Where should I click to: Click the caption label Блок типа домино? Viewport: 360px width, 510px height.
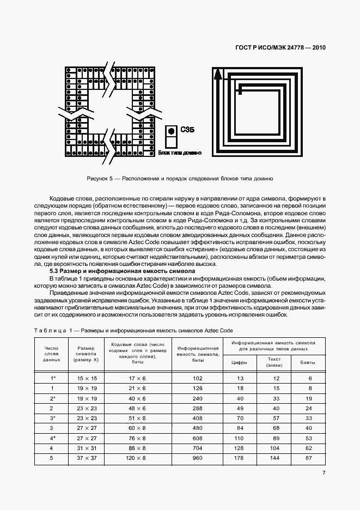pos(180,154)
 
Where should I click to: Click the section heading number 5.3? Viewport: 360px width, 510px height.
pos(54,271)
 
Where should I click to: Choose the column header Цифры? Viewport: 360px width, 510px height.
pos(240,362)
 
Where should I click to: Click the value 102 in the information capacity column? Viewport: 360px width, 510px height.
pos(197,378)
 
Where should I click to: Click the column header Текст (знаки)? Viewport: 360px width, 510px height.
pos(274,362)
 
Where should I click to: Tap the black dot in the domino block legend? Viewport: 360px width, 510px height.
pos(171,131)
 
